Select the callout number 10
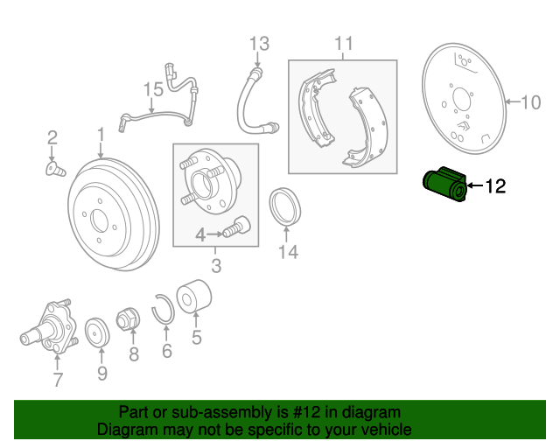click(531, 102)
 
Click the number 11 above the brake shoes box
click(343, 43)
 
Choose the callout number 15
click(153, 88)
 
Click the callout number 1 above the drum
click(101, 135)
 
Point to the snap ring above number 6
click(162, 310)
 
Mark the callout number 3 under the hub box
click(214, 264)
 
